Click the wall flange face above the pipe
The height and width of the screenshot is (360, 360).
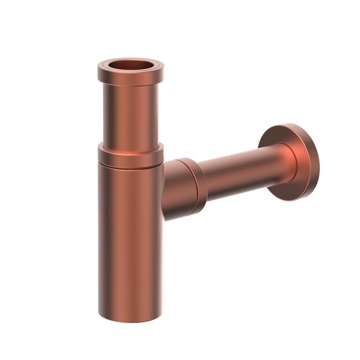(282, 136)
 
